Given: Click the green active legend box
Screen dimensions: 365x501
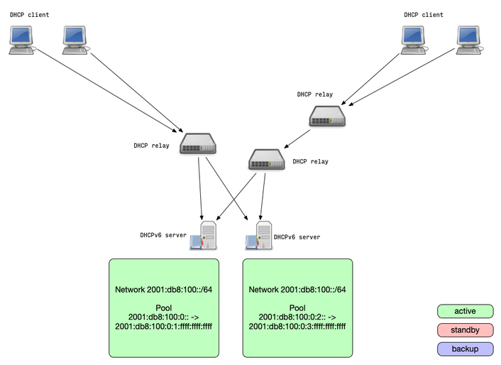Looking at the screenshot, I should point(465,311).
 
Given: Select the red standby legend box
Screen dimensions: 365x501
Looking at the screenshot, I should point(465,330).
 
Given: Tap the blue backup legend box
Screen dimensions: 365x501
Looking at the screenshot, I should point(465,349).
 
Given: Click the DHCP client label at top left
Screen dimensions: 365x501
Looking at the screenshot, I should point(29,15).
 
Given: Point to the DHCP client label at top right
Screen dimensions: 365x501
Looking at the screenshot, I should point(424,15).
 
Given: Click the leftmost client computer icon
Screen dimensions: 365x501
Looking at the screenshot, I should point(21,40).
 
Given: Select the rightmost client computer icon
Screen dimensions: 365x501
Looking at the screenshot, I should point(469,40).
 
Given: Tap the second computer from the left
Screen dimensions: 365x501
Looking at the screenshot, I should point(75,40).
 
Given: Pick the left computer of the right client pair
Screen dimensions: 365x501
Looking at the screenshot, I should point(414,40).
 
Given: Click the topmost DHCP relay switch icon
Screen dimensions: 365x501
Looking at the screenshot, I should point(327,116).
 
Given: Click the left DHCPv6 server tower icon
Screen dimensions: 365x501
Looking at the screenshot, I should point(206,236).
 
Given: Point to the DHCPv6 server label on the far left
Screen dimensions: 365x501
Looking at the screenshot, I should point(163,235).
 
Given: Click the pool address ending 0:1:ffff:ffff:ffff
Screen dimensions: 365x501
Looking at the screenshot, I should point(164,327).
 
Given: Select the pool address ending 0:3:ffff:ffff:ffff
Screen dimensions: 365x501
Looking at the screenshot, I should point(297,327).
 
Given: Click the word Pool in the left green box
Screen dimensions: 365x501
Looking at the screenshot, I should point(164,308).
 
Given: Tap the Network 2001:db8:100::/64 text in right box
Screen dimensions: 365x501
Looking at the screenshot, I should point(297,290).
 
